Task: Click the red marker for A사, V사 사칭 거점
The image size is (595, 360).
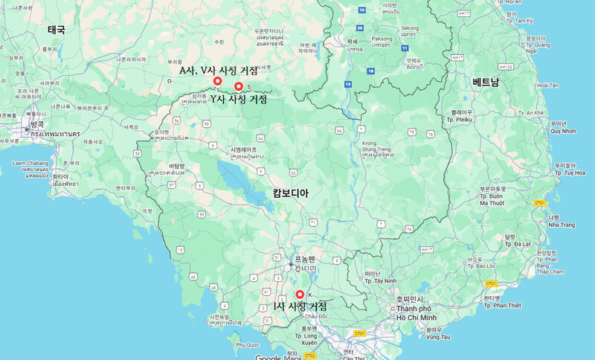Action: coord(216,81)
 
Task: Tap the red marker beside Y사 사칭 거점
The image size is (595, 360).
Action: coord(239,87)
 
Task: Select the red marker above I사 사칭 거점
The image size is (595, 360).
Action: coord(300,294)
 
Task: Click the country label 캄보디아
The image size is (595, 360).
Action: coord(290,193)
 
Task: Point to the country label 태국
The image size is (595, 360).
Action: coord(57,30)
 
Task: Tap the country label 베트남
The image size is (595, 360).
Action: coord(486,82)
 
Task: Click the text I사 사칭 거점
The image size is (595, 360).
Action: coord(300,306)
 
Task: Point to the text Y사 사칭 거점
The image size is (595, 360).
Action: coord(238,99)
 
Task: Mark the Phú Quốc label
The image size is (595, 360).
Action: coord(248,345)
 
